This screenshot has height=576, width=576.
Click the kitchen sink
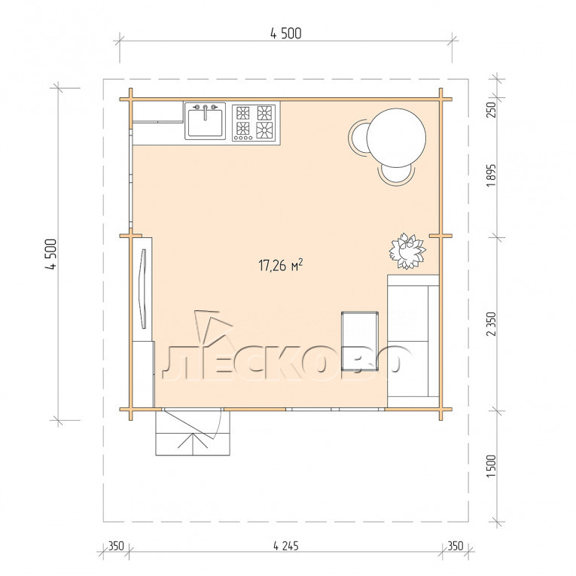pyautogui.click(x=205, y=121)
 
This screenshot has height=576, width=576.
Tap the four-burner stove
pyautogui.click(x=254, y=122)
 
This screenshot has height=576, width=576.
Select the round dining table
pyautogui.click(x=396, y=137)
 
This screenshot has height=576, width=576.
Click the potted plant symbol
pyautogui.click(x=407, y=251)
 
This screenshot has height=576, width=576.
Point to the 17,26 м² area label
pyautogui.click(x=281, y=264)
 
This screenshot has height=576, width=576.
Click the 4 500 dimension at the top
pyautogui.click(x=286, y=33)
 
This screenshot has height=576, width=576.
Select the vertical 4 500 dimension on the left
pyautogui.click(x=51, y=254)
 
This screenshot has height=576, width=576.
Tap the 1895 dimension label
pyautogui.click(x=491, y=175)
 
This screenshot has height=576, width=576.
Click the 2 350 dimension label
pyautogui.click(x=491, y=324)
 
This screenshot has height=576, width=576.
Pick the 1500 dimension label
pyautogui.click(x=491, y=466)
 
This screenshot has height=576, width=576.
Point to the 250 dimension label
pyautogui.click(x=491, y=109)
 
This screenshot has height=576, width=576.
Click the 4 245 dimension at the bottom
pyautogui.click(x=286, y=546)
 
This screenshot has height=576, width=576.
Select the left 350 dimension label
pyautogui.click(x=116, y=546)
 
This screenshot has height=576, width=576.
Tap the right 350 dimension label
pyautogui.click(x=455, y=546)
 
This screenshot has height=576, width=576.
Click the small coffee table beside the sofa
pyautogui.click(x=360, y=341)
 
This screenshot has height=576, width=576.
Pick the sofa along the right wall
pyautogui.click(x=413, y=336)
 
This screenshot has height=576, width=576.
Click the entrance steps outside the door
pyautogui.click(x=193, y=433)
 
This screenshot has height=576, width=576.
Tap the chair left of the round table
pyautogui.click(x=358, y=138)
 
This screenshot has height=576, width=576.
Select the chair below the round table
pyautogui.click(x=397, y=175)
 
